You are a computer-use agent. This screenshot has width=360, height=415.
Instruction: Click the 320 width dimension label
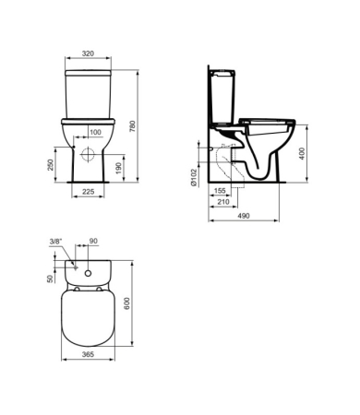coord(88,53)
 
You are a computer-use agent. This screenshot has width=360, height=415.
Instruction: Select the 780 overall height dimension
coord(132,126)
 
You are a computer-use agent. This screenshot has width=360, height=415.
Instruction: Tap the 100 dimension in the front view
coord(95,132)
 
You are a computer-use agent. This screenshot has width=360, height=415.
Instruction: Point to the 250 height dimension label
coord(51,165)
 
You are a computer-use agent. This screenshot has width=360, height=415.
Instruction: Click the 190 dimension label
coord(119,168)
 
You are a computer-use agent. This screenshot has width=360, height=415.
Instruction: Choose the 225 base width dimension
coord(89,192)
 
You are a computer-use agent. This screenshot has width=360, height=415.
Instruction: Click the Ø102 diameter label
coord(194,177)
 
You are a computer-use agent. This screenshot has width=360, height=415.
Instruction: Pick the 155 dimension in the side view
coord(220,191)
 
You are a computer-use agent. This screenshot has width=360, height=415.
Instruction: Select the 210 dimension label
coord(223,202)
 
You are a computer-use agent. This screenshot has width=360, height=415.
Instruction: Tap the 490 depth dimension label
coord(244,216)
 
